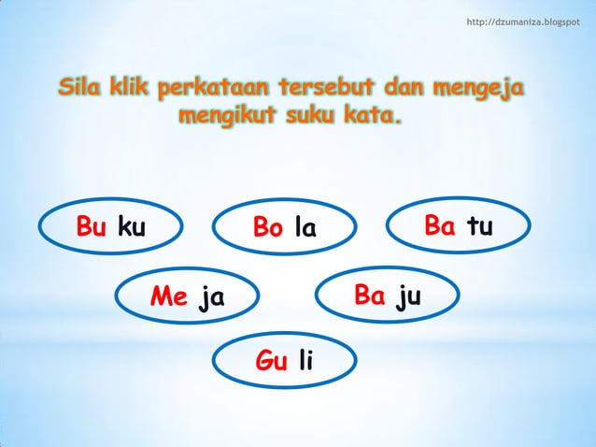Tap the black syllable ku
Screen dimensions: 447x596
[x=132, y=228]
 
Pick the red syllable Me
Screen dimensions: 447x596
[x=169, y=298]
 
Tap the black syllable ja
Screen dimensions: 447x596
[x=212, y=299]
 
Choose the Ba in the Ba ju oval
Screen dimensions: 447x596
[x=370, y=296]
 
